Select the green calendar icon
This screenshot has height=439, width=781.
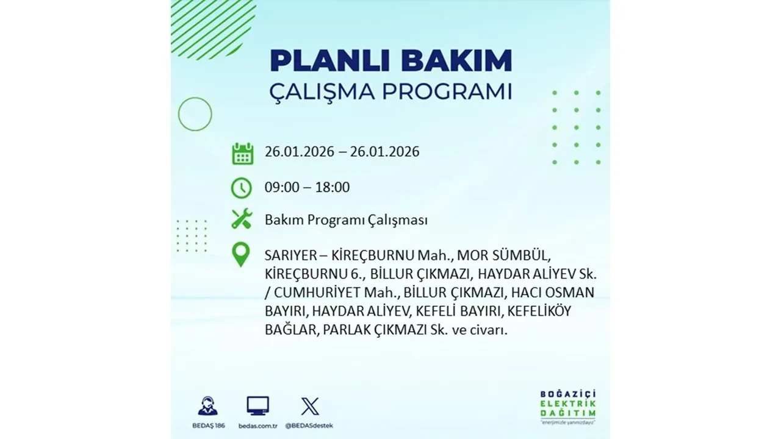point(242,153)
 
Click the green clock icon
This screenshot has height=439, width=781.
point(242,188)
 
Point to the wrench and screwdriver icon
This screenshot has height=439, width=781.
point(242,219)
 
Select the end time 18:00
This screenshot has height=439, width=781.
point(332,187)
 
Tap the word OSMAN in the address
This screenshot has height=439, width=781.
point(569,292)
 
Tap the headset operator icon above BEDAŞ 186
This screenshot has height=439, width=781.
point(207,405)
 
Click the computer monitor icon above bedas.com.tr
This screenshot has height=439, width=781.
point(257,405)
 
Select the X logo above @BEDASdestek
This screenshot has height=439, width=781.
point(310,405)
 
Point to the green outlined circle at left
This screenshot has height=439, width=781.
point(195,114)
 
